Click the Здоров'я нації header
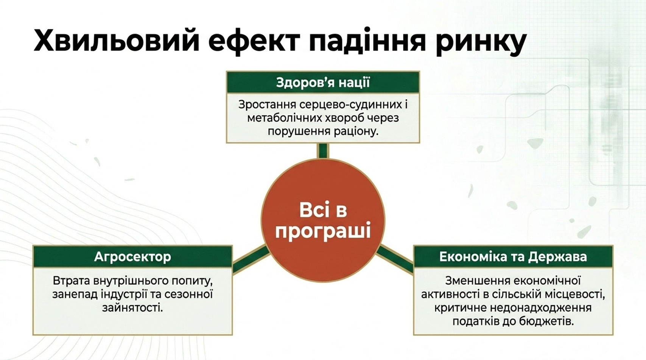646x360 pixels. [x=323, y=82]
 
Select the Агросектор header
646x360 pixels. [x=133, y=256]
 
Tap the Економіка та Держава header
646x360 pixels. [x=513, y=256]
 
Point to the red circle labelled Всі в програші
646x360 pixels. [x=323, y=220]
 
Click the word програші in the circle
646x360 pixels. [x=323, y=232]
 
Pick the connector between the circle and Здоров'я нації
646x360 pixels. [x=323, y=151]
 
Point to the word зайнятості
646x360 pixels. [x=133, y=308]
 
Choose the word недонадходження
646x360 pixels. [x=541, y=308]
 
